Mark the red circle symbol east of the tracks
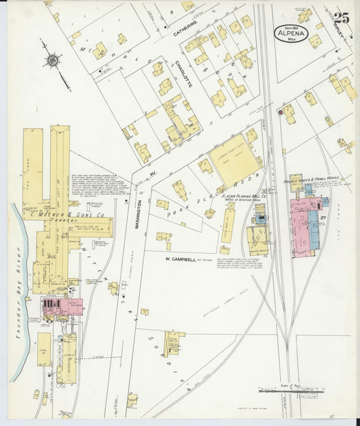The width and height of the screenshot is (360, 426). click(x=280, y=113)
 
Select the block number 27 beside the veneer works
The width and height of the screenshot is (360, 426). click(x=324, y=218)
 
